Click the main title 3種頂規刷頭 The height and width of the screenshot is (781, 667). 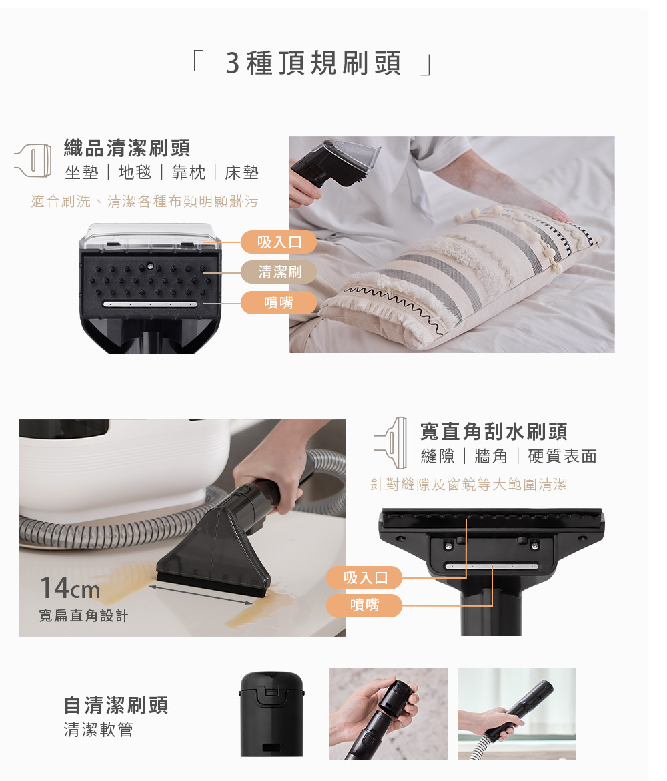(313, 63)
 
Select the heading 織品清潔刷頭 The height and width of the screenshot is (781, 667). (127, 148)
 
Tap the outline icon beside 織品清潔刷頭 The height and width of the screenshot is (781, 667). (33, 160)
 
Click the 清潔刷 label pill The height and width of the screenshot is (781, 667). (279, 272)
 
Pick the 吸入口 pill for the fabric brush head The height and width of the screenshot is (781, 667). (279, 242)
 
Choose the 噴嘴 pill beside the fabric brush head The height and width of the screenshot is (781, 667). (279, 302)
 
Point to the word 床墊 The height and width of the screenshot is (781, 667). (242, 172)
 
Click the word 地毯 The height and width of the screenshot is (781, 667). (135, 172)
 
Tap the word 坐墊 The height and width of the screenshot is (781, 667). (81, 172)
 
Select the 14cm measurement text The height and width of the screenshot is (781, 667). (69, 588)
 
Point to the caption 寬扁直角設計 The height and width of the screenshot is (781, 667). (83, 616)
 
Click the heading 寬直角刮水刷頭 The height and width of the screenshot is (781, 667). (494, 431)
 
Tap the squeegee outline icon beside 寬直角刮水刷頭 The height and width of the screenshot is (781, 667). (392, 443)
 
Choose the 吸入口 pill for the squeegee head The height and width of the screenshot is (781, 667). (364, 578)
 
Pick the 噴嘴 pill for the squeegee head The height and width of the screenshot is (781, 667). (364, 605)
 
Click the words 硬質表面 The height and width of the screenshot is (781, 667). (562, 456)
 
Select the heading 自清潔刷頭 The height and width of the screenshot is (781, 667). (116, 706)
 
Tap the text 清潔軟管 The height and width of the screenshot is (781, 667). (99, 730)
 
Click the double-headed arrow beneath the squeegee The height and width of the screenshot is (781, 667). (201, 595)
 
